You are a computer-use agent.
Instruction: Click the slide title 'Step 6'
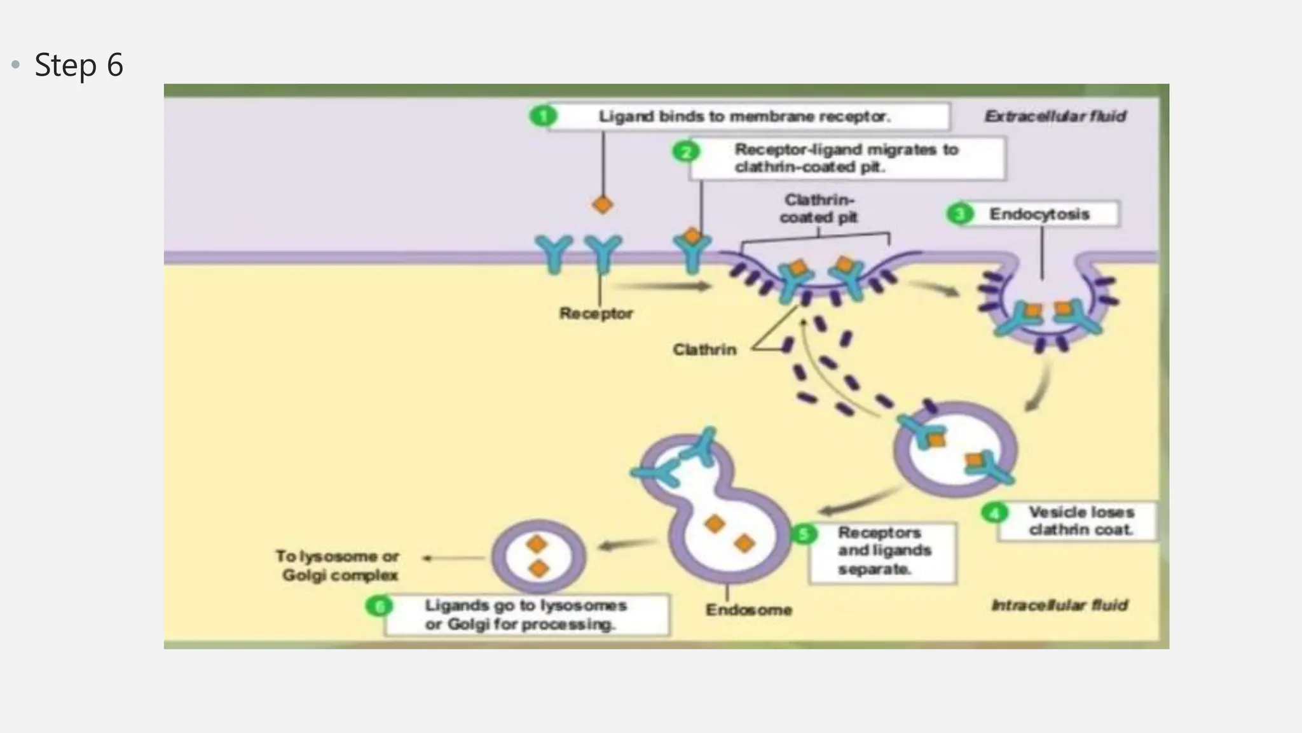78,65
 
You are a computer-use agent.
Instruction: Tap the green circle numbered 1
543,116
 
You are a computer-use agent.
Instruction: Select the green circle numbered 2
686,152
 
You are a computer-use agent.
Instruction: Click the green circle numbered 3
959,214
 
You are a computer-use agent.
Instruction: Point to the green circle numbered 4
994,513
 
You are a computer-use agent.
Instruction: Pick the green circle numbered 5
804,534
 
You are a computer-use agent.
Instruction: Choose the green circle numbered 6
380,606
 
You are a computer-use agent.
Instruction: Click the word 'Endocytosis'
1039,214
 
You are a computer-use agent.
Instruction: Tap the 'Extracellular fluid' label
1055,116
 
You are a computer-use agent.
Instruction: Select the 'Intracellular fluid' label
1059,605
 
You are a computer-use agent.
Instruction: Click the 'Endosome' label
748,610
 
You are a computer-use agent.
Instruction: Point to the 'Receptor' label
596,314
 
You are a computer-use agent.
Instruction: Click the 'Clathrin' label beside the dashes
704,350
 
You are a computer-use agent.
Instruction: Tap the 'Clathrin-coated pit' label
819,209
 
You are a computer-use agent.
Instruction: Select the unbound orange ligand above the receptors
602,205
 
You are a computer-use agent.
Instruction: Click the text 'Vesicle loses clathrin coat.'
1081,521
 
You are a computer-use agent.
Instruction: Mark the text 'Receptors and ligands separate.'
884,551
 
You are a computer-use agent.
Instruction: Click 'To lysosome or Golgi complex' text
338,566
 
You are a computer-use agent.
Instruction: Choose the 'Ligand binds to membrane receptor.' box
744,116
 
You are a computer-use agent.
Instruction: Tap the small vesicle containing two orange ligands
538,557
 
